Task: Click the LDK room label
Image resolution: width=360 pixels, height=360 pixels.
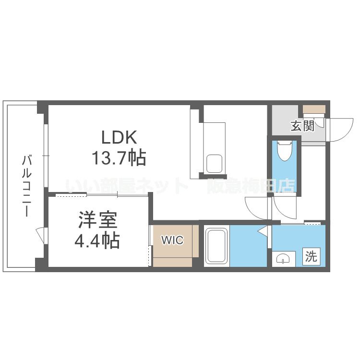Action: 119,137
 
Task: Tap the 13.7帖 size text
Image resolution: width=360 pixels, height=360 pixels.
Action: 119,158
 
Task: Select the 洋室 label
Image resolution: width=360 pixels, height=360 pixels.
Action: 98,220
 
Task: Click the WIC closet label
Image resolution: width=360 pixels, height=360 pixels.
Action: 172,240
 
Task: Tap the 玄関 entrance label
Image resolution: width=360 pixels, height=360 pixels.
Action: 302,126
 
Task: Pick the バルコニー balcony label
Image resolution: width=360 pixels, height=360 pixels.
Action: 27,186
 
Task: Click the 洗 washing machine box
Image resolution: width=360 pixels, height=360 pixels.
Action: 312,256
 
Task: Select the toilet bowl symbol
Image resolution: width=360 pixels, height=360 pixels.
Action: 285,150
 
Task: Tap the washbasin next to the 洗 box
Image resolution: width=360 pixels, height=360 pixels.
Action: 283,259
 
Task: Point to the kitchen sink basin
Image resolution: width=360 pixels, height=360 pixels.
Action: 214,164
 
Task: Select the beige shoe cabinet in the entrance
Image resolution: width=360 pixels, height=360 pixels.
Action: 314,108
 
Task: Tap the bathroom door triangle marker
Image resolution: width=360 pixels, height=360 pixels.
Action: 263,230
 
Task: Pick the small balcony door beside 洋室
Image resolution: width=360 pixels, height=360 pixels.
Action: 42,236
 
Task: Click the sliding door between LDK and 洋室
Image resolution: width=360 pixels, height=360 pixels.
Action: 102,195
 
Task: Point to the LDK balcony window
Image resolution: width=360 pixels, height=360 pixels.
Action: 46,156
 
